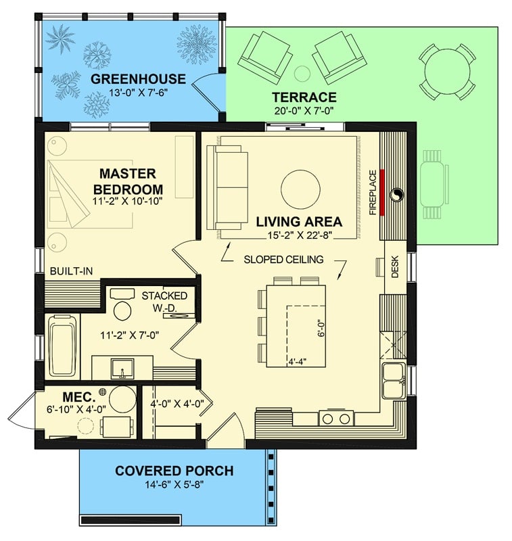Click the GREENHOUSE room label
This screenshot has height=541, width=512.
[x=129, y=79]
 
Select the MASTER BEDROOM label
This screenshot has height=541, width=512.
[x=128, y=181]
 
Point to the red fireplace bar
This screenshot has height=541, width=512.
[x=382, y=193]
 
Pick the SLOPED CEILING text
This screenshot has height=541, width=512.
[x=284, y=259]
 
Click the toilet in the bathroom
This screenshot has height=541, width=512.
[x=122, y=306]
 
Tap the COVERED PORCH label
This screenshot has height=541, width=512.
[x=174, y=471]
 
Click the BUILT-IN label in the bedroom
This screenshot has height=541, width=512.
[x=71, y=271]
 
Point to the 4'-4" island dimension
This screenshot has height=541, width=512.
[x=298, y=360]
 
